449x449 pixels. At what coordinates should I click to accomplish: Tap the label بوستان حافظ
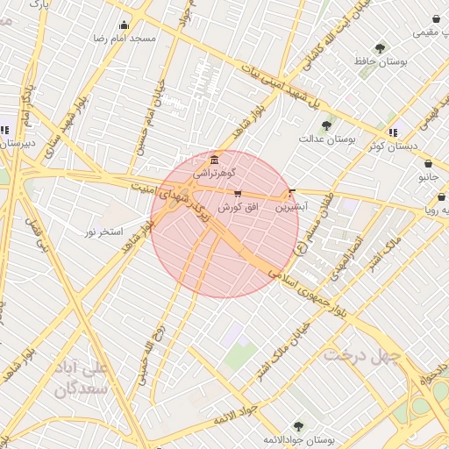380,62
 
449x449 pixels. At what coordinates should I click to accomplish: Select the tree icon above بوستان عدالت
327,125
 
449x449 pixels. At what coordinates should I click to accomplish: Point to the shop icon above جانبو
427,163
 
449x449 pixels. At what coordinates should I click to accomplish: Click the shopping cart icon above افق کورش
238,193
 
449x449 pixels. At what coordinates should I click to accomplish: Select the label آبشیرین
292,208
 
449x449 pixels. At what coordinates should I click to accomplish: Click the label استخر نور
103,231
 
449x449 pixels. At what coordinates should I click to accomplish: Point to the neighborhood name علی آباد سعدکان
82,376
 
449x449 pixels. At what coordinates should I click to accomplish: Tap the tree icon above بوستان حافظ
380,48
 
